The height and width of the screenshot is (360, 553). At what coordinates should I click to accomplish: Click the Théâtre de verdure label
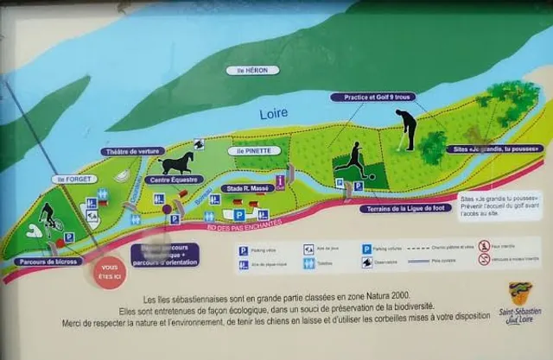pos(131,151)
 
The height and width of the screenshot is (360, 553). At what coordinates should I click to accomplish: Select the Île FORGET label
pos(72,180)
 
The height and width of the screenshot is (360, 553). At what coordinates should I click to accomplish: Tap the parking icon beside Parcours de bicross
pos(69,237)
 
